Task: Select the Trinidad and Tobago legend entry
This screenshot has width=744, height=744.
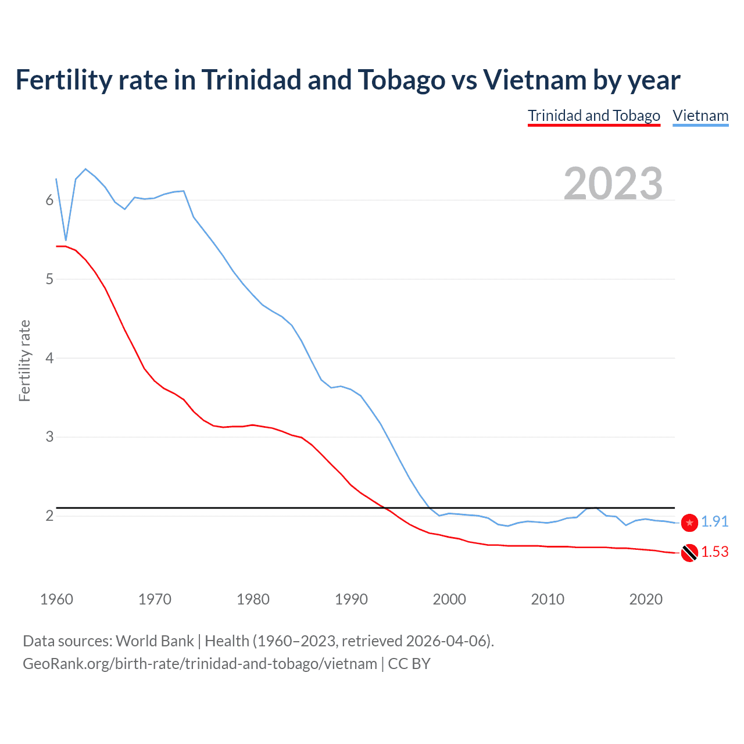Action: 593,116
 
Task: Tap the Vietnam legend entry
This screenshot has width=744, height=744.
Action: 700,116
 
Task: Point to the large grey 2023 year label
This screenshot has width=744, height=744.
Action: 613,184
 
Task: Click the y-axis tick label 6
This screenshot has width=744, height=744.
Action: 49,200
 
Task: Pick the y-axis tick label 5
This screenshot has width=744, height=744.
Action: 49,279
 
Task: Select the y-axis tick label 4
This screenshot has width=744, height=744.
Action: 49,358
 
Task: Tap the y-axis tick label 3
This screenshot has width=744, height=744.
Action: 49,437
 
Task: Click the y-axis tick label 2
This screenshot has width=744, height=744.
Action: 49,516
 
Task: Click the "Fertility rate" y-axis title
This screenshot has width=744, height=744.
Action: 24,360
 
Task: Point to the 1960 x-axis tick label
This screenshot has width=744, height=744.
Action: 56,599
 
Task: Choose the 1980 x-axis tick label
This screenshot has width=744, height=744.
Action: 253,599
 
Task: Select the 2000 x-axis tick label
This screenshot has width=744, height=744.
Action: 449,599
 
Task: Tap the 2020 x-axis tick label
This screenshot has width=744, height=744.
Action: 646,599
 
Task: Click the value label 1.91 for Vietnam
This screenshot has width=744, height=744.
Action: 714,522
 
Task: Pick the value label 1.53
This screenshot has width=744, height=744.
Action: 714,552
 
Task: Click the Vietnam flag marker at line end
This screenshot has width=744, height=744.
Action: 689,523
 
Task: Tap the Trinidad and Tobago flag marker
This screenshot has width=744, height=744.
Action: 689,553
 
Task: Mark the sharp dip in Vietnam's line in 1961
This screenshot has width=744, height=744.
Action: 66,239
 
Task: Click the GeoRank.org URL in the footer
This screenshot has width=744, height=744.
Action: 200,664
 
